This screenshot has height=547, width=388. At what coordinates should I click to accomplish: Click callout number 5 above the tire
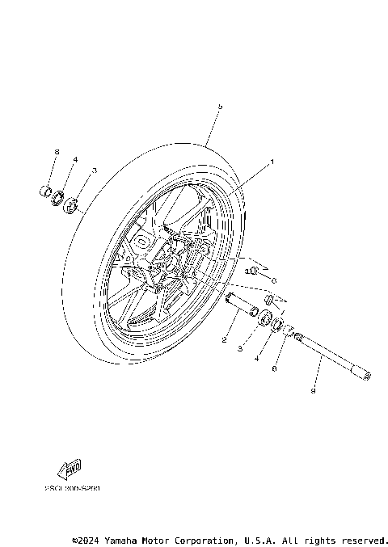219,106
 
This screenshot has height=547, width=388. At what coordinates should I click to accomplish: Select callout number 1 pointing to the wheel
272,162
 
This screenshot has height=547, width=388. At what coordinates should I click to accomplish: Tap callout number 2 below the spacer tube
225,341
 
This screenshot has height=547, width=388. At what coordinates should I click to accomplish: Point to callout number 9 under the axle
314,392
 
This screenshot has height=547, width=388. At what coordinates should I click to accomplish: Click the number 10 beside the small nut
249,271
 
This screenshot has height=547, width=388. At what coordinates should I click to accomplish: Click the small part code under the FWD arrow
73,489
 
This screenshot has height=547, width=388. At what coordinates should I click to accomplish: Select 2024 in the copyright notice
89,540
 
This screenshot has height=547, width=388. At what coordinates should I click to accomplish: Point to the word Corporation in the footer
205,540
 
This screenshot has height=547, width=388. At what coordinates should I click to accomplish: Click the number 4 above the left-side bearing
75,160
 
